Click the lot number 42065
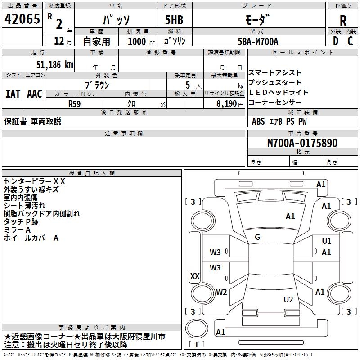[x=22, y=19]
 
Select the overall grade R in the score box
[x=343, y=20]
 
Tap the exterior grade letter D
[x=335, y=41]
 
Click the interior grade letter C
[x=350, y=41]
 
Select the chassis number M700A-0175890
[x=302, y=143]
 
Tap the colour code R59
[x=75, y=103]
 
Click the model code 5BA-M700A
[x=258, y=41]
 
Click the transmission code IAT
[x=13, y=94]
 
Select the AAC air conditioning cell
[x=35, y=94]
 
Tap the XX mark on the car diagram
[x=195, y=276]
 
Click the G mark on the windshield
[x=257, y=237]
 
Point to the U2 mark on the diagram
[x=288, y=299]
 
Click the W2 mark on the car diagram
[x=221, y=292]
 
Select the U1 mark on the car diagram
[x=327, y=241]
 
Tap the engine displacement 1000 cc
[x=139, y=41]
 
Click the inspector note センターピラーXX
[x=35, y=181]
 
